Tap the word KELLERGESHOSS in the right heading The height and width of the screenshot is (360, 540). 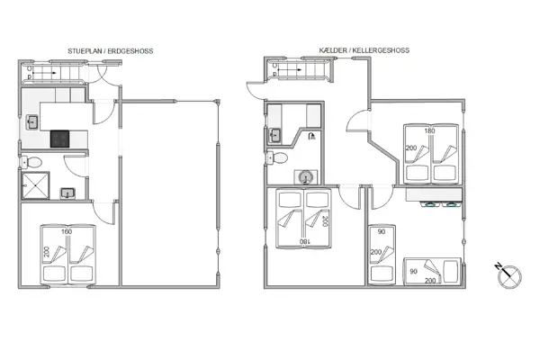[382, 52]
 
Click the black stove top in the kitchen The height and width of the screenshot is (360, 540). [60, 139]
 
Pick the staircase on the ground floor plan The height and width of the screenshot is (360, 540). [46, 73]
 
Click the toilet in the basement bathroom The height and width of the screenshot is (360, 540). [279, 158]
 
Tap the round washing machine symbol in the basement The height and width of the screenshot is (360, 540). [308, 176]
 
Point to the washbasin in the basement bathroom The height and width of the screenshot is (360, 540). [274, 136]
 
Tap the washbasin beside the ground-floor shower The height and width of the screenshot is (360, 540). [67, 192]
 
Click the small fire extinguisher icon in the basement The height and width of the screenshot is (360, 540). [310, 136]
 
